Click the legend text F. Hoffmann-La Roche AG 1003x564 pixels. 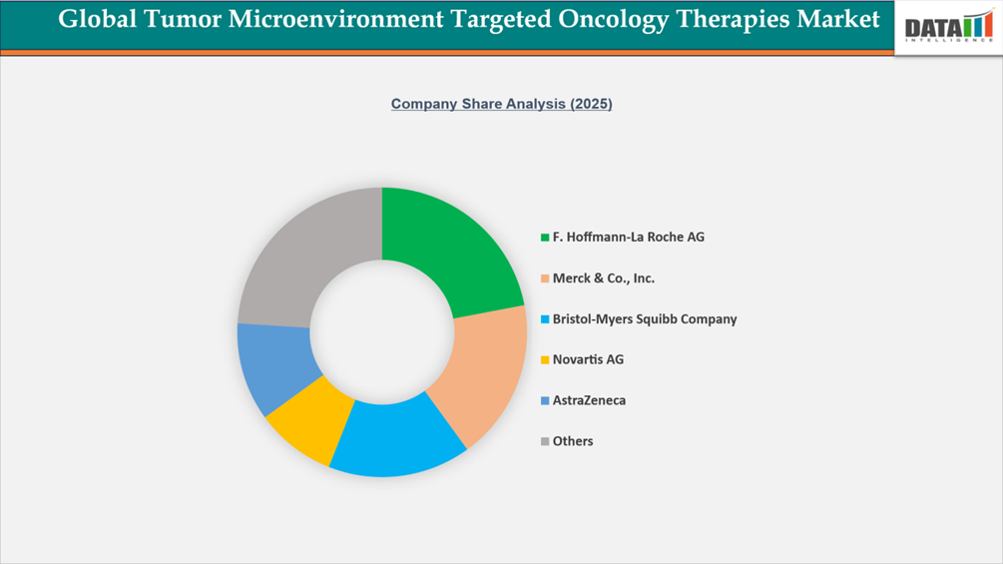628,238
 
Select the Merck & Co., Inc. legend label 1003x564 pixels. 603,279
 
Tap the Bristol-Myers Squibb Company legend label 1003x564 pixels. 644,319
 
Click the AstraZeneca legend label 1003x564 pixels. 589,400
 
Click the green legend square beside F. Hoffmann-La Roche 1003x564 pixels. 544,238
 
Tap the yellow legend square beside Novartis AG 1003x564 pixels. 544,359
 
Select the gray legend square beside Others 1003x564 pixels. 544,441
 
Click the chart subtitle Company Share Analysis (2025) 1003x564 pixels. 501,104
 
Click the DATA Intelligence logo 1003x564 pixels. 948,27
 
